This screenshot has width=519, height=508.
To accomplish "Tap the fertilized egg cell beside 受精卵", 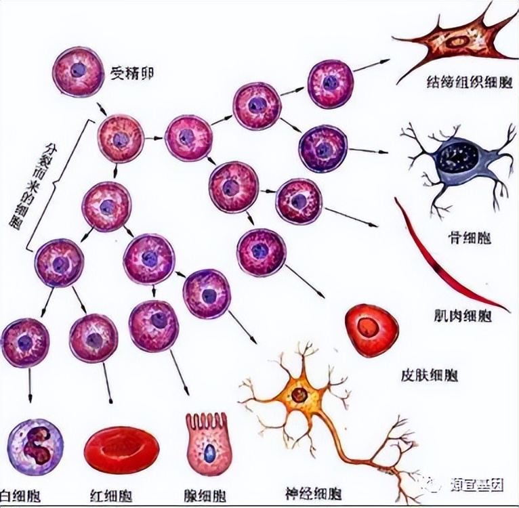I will [x=78, y=70].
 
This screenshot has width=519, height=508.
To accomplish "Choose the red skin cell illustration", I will [x=371, y=330].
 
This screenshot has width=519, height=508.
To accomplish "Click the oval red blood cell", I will [x=122, y=450].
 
